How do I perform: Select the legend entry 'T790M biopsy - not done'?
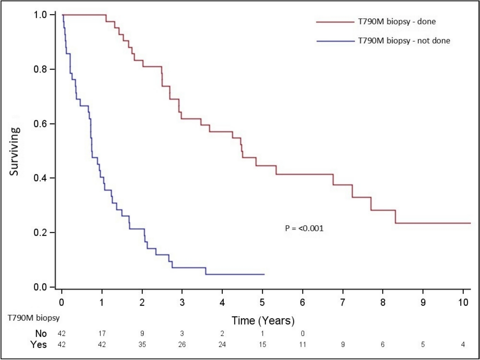pos(404,41)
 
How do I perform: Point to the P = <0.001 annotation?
pos(304,228)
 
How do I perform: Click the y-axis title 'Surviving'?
pos(14,151)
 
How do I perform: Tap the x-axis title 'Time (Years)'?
pos(263,320)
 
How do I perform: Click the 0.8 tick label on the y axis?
pos(40,69)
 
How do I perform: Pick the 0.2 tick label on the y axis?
pos(40,232)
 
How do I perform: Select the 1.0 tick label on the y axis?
pos(40,15)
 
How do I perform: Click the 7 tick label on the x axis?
pos(343,302)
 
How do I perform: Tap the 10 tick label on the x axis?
pos(463,302)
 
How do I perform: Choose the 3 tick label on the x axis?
pos(182,302)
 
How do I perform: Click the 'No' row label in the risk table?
pos(41,333)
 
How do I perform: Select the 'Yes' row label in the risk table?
pos(39,345)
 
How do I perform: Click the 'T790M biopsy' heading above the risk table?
pos(34,318)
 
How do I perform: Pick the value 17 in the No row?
pos(102,333)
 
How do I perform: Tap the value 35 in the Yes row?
pos(142,345)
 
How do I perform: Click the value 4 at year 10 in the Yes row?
pos(463,345)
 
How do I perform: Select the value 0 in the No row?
pos(302,333)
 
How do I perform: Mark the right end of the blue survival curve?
pos(264,274)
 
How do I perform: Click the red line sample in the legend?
pos(335,22)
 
